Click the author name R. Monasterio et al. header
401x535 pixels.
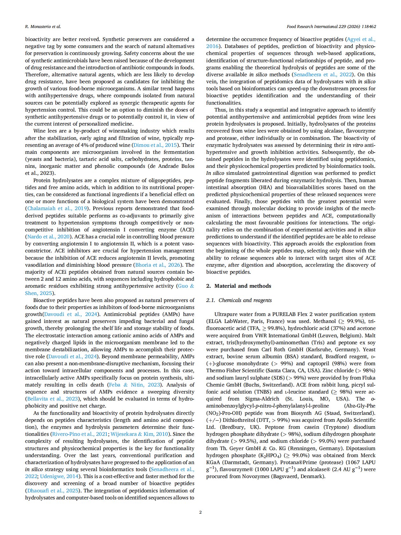tap(43, 27)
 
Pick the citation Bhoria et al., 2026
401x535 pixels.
tap(158, 265)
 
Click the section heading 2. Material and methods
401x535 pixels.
tap(239, 286)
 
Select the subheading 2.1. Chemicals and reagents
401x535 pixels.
tap(239, 300)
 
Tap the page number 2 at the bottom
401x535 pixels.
tap(200, 512)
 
